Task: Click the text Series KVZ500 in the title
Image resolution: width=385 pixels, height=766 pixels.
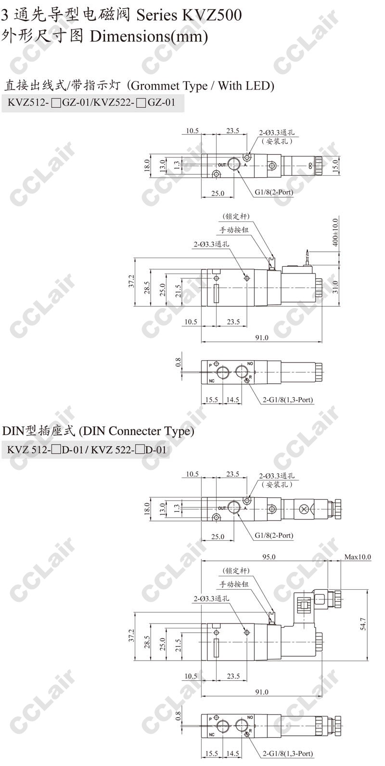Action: (189, 15)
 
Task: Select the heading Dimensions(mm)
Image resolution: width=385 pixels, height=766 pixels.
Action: (149, 36)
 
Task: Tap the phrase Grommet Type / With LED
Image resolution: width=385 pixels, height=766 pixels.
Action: (203, 86)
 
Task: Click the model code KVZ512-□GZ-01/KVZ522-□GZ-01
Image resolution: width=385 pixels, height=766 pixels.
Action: (91, 102)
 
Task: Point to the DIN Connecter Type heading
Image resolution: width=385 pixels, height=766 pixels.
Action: (136, 431)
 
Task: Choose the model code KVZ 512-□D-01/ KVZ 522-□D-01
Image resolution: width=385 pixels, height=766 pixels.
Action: (87, 449)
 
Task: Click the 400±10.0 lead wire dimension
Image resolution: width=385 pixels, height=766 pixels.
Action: (335, 232)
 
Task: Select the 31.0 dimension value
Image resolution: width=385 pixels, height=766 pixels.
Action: (335, 287)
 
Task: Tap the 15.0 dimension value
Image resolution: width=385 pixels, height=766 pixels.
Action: (335, 166)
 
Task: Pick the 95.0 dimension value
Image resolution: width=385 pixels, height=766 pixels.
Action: (269, 557)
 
